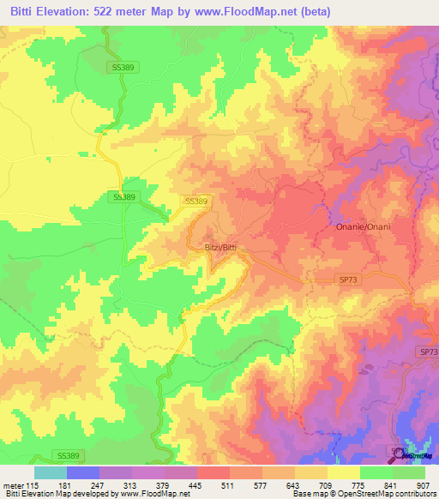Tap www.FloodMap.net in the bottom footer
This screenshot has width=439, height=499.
[x=153, y=494]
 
